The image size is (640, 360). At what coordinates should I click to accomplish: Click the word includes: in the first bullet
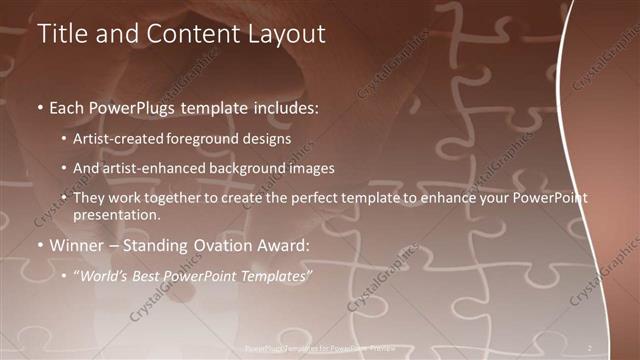[x=283, y=106]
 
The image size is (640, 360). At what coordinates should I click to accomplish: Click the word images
[x=313, y=169]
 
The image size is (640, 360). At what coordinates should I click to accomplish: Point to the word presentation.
[x=116, y=214]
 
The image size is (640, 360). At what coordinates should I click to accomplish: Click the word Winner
[x=76, y=245]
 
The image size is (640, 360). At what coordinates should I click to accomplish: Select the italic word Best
[x=151, y=275]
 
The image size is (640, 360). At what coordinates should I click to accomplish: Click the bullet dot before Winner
[x=40, y=245]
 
